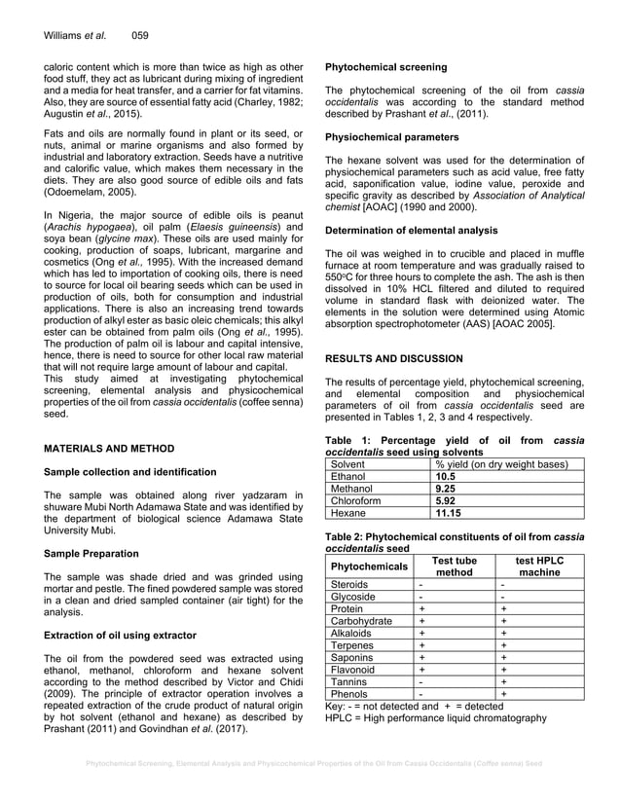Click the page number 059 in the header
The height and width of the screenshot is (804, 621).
point(139,35)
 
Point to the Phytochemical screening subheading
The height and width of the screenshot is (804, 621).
point(385,67)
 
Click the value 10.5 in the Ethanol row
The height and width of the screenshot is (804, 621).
point(446,477)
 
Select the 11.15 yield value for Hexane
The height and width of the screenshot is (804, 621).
point(449,512)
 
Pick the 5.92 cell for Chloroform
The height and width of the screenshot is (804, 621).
point(446,500)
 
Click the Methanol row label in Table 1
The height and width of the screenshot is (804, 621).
point(353,489)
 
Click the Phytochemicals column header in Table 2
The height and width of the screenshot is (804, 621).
point(369,566)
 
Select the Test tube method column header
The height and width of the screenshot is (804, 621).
point(454,566)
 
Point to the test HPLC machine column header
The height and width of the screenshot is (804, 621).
point(538,566)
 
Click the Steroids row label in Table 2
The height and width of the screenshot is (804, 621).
point(350,584)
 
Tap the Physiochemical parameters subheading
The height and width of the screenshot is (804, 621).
point(390,136)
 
